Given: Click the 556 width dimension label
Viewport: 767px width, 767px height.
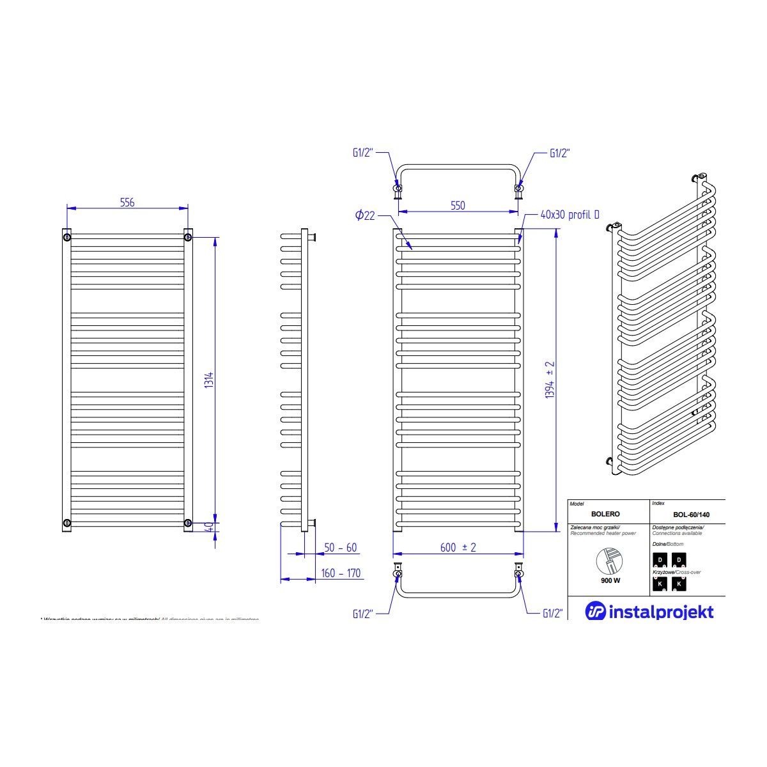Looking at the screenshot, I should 127,202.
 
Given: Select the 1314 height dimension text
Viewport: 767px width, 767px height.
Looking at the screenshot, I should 209,381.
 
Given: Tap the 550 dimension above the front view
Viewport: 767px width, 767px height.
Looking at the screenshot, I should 457,206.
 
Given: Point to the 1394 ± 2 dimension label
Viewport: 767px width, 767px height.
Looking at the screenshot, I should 549,381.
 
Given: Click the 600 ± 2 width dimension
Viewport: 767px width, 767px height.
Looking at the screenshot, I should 458,548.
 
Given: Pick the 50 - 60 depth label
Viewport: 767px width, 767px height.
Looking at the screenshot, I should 341,548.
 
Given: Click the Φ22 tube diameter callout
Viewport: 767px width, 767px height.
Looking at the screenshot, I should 365,216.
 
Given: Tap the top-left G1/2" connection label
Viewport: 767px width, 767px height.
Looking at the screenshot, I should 362,153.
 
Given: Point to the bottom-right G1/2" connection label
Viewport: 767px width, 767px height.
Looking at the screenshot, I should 552,614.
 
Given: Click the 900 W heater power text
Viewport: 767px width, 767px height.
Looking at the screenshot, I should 610,580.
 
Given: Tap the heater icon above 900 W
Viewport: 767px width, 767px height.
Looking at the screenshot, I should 609,561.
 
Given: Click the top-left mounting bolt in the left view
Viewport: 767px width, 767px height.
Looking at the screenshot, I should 67,238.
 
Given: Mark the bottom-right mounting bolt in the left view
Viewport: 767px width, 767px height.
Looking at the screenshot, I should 187,523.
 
